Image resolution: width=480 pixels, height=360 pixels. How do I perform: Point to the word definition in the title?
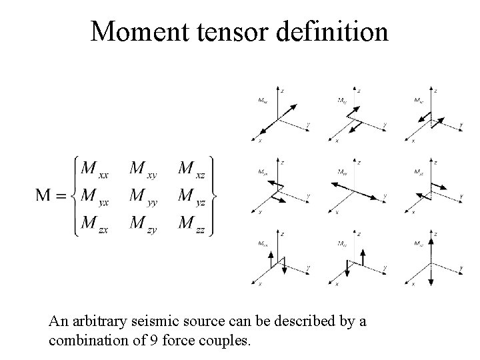click(x=334, y=31)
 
